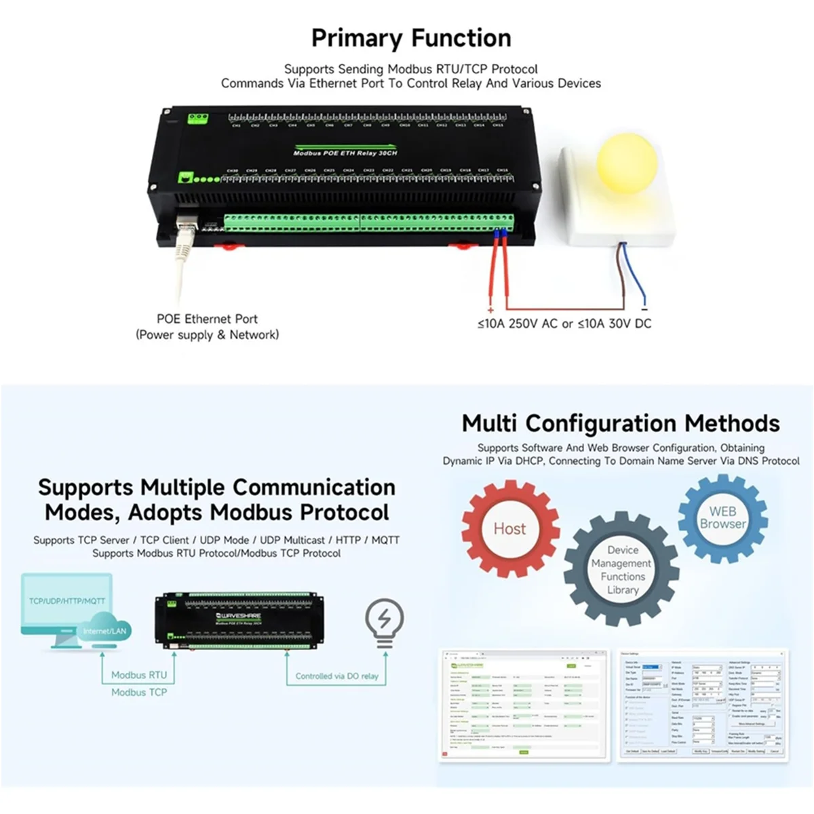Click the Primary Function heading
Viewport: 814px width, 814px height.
411,39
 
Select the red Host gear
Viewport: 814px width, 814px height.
509,528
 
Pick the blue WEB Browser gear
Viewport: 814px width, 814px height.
722,518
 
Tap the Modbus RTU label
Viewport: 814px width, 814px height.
139,675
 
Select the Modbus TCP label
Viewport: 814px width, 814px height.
139,693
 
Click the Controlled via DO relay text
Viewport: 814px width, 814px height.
336,676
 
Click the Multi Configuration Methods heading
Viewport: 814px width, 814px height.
621,423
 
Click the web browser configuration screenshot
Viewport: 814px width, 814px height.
523,705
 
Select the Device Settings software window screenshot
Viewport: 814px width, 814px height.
703,705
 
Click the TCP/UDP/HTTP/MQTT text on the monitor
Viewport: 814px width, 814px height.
66,601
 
